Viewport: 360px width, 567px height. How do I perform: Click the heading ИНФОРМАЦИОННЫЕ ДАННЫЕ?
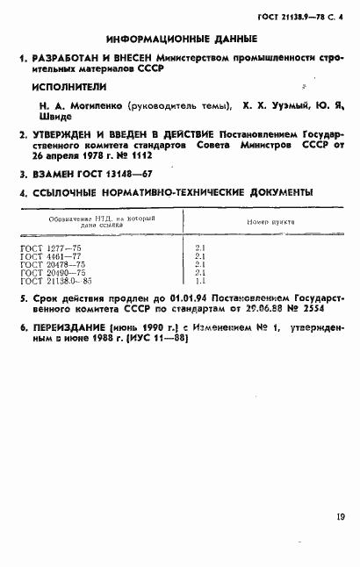click(181, 39)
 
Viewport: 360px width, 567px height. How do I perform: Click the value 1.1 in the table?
click(199, 281)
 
